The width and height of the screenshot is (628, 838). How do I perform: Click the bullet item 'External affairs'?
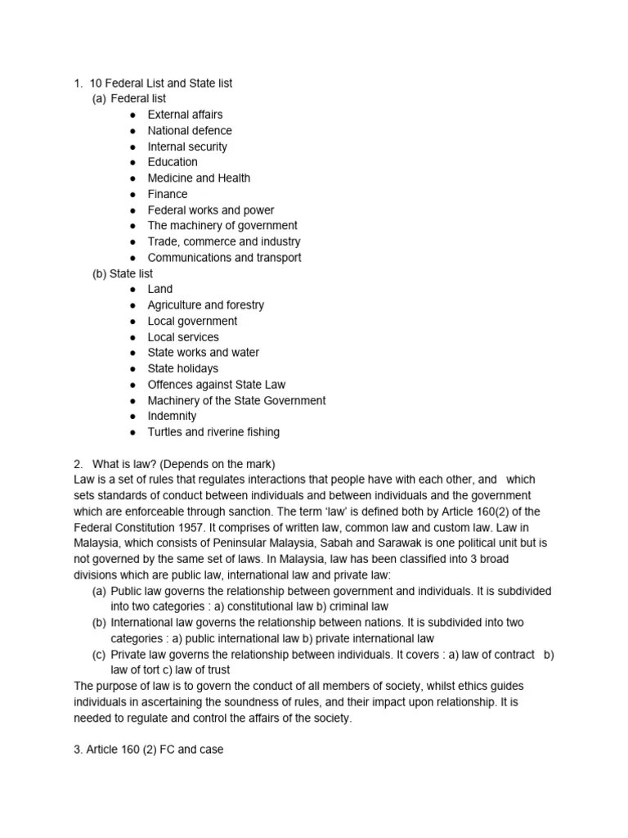(x=185, y=115)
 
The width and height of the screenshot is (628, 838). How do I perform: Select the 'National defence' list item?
(x=189, y=130)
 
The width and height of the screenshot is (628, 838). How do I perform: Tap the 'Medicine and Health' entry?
(x=199, y=178)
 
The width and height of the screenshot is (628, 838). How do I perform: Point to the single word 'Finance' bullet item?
(x=167, y=194)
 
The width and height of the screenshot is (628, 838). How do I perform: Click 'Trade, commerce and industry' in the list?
(x=223, y=241)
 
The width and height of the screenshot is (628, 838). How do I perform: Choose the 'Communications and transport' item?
(x=224, y=257)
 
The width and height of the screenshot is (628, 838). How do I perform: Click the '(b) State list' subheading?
(x=123, y=273)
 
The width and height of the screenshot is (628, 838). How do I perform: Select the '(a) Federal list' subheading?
(x=129, y=99)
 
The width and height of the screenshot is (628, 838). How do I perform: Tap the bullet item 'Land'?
(x=159, y=289)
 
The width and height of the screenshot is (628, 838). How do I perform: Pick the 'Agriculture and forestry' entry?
(x=205, y=304)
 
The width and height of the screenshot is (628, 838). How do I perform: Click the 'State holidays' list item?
(x=182, y=368)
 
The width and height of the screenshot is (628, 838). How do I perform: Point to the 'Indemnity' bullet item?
(x=172, y=416)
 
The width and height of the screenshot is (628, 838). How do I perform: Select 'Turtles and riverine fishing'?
(x=213, y=431)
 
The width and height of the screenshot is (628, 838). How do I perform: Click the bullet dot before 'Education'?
(x=132, y=162)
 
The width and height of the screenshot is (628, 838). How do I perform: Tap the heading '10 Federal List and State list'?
(x=161, y=83)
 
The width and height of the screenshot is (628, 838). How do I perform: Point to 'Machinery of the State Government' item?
(x=236, y=400)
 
